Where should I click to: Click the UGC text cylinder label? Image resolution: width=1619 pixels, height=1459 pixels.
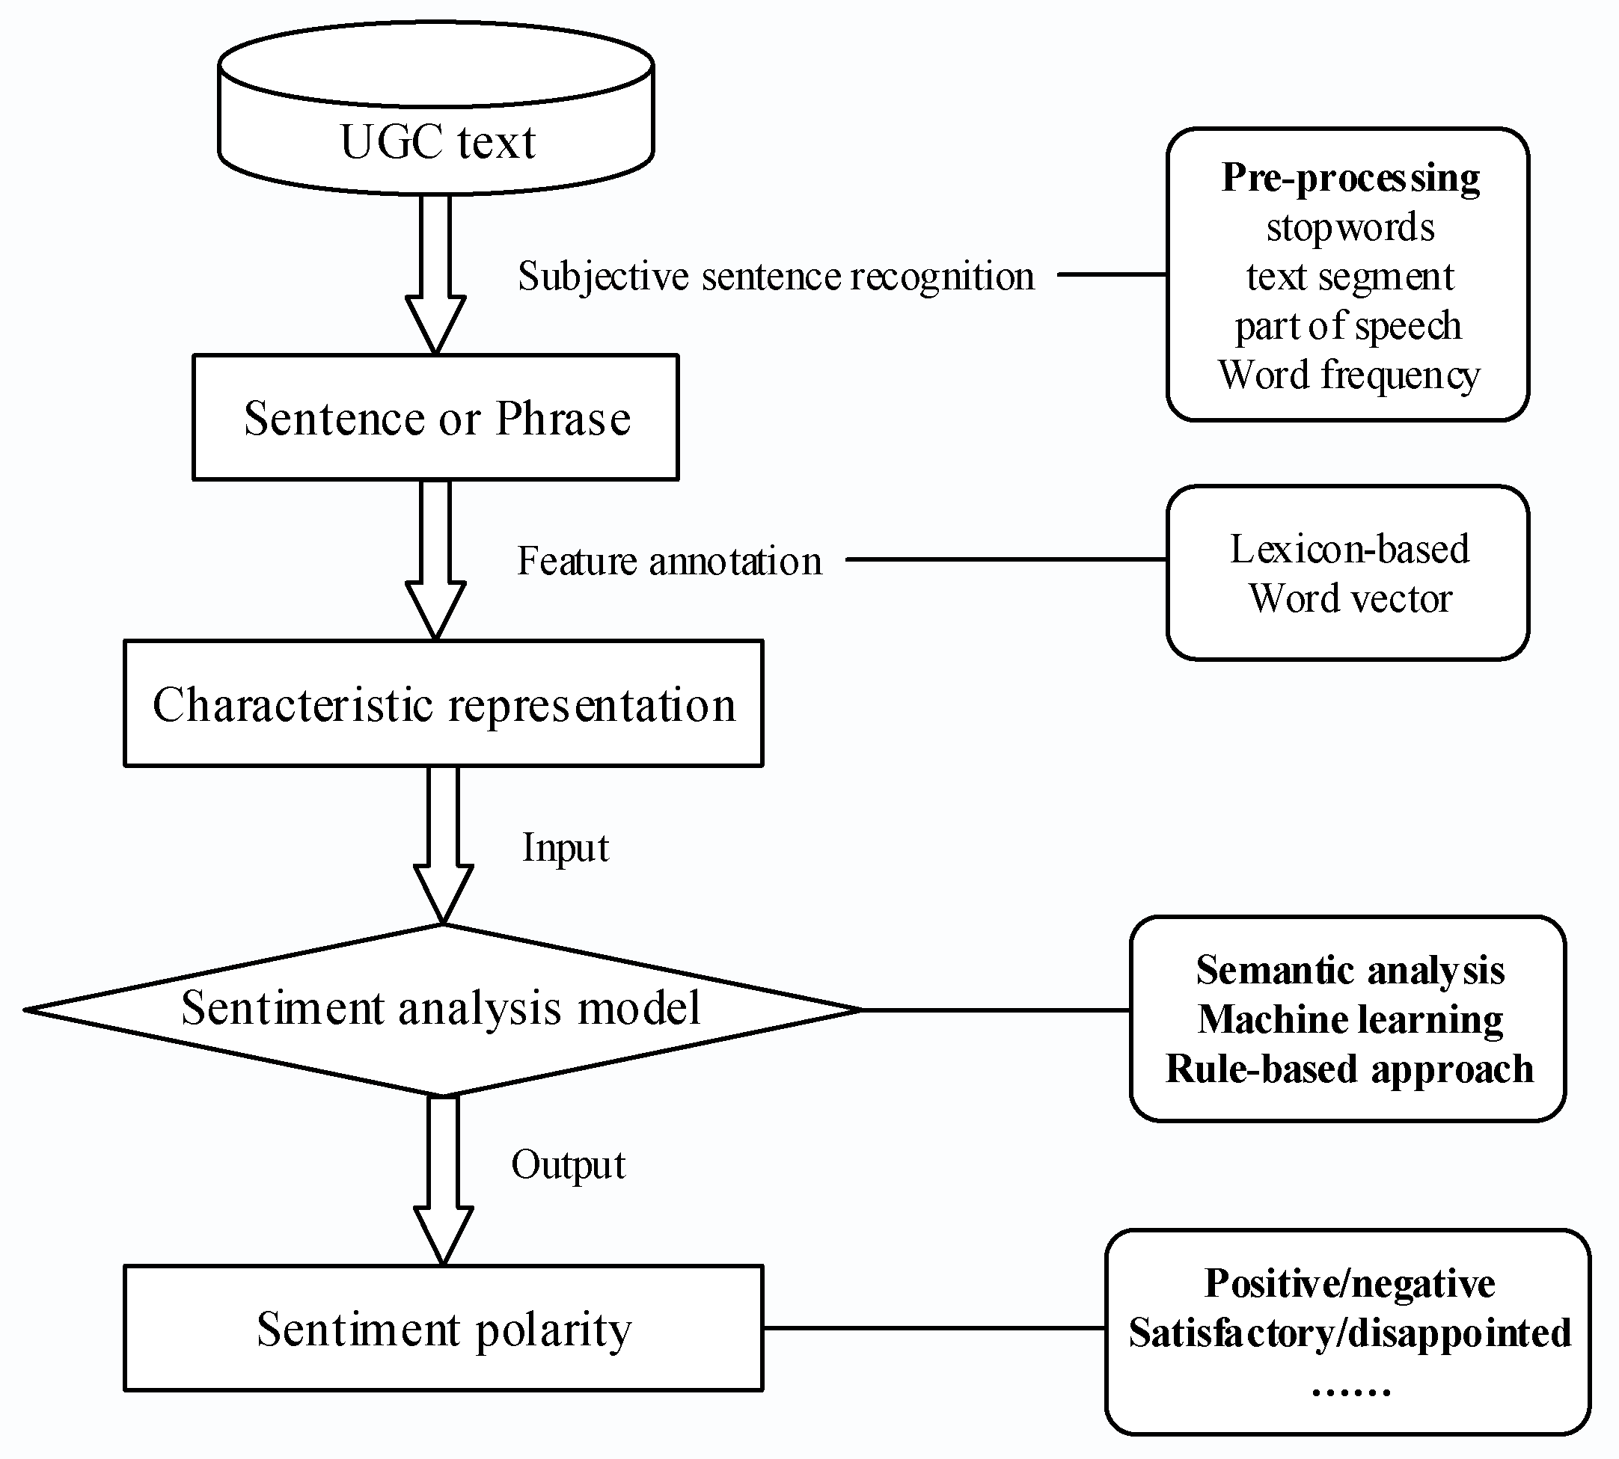pos(437,143)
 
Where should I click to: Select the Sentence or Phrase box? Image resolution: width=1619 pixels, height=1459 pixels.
pos(436,418)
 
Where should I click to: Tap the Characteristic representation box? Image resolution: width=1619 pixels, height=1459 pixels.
pos(444,704)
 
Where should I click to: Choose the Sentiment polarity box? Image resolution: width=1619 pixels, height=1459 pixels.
pos(444,1328)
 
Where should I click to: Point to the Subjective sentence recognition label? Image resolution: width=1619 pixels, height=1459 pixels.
pos(775,277)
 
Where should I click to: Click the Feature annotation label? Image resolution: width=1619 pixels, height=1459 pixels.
pos(670,560)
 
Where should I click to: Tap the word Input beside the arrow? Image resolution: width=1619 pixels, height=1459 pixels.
pos(566,848)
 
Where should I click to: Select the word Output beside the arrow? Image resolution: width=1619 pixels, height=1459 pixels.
pos(568,1165)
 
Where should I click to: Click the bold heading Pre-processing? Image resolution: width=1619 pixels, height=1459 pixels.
pos(1350,178)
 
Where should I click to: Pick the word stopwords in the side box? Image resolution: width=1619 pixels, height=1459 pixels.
pos(1350,227)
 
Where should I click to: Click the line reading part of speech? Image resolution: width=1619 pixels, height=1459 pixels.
pos(1348,326)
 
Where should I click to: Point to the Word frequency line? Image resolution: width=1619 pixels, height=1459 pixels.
pos(1349,375)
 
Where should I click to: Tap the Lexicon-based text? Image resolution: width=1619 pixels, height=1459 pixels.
pos(1350,549)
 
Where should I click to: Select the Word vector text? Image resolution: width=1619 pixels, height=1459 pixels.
pos(1350,598)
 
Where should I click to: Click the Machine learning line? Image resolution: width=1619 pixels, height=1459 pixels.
pos(1350,1020)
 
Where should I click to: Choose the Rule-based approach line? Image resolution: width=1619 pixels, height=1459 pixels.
pos(1349,1069)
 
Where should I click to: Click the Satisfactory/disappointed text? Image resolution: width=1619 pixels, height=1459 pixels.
pos(1349,1333)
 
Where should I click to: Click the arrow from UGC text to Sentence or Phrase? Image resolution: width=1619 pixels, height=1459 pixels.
pos(435,272)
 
